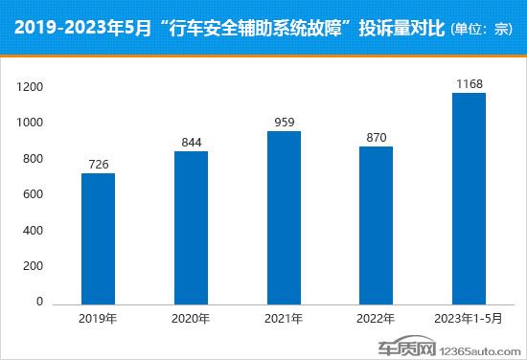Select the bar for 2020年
click(191, 228)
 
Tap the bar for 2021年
click(284, 217)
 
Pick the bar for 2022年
click(377, 226)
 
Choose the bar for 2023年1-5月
click(470, 198)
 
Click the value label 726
click(98, 165)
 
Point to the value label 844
click(191, 144)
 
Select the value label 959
click(284, 123)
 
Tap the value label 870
click(377, 139)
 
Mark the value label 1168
click(470, 84)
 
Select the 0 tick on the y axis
click(40, 303)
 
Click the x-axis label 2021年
click(284, 319)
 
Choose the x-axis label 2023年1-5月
click(470, 319)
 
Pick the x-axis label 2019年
click(98, 319)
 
